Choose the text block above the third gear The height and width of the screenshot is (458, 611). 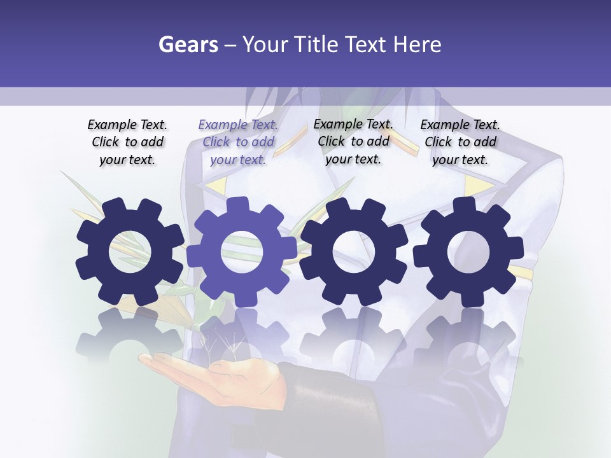353,141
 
